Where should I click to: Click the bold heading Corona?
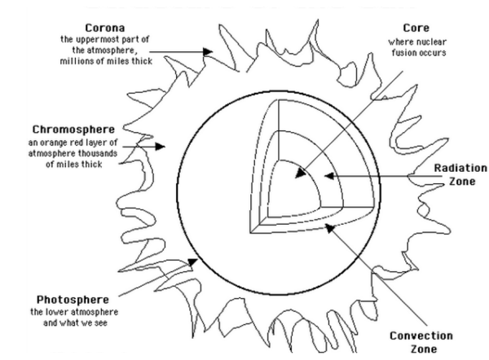[105, 28]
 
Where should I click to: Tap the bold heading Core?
[416, 28]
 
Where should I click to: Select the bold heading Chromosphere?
[73, 130]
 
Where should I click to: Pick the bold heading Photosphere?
[73, 300]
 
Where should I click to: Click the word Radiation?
[460, 168]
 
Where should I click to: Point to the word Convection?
[421, 336]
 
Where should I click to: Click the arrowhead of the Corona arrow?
[208, 52]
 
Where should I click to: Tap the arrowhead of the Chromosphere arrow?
[161, 146]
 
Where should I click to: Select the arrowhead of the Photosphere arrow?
[192, 262]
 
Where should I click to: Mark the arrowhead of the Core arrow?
[300, 173]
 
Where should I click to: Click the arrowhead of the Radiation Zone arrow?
[329, 176]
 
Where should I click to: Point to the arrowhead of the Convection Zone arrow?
[329, 228]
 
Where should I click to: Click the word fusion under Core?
[403, 53]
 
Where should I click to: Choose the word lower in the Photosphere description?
[57, 312]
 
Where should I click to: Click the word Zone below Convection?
[424, 349]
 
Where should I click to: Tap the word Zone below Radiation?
[462, 182]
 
